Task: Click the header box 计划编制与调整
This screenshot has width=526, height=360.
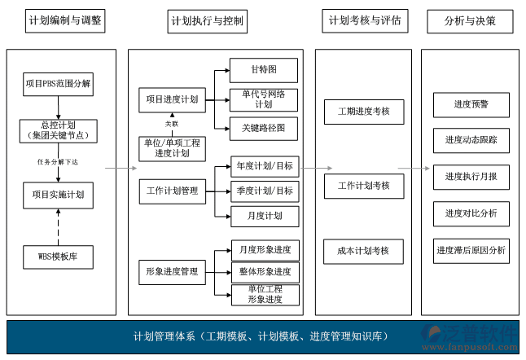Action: (65, 20)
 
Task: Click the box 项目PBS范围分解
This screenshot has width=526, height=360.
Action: (58, 83)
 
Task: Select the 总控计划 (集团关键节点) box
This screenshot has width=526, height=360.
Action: (58, 130)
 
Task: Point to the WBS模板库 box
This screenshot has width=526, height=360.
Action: (58, 257)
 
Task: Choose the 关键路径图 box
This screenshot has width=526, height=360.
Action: (264, 129)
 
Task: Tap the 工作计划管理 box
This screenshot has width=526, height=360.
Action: (172, 191)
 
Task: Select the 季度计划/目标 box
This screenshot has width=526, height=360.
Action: (264, 191)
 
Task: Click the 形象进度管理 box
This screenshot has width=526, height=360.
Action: (172, 272)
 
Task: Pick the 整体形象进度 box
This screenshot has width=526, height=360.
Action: (265, 272)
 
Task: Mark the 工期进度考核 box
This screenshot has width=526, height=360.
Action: (363, 110)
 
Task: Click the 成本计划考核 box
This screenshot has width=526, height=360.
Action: (363, 251)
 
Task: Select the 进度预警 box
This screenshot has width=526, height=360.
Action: (471, 104)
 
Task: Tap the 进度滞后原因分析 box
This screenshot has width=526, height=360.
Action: (471, 250)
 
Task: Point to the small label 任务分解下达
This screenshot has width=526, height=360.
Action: (57, 161)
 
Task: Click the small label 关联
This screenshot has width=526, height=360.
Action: (172, 124)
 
